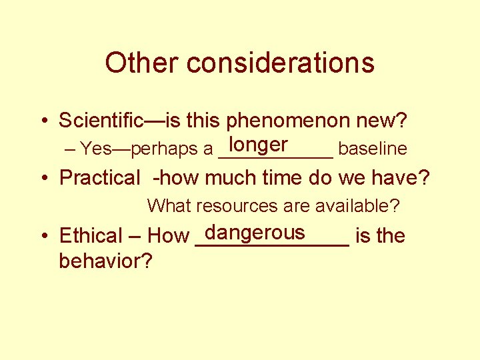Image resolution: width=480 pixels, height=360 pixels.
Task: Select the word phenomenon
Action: [x=292, y=121]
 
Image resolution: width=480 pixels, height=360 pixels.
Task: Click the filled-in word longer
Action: [x=257, y=145]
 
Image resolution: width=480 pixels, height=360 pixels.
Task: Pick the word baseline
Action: [x=372, y=149]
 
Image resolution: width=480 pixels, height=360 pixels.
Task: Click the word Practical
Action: [x=100, y=178]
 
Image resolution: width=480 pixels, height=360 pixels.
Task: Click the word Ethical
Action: [x=90, y=236]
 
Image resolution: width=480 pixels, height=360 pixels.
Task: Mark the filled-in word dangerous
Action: [x=255, y=232]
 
